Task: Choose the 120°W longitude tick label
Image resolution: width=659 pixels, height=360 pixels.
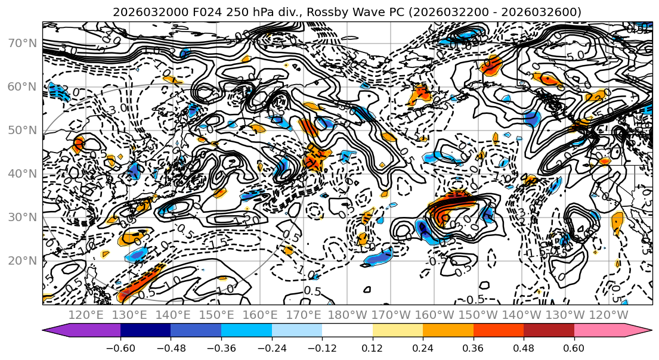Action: pos(609,315)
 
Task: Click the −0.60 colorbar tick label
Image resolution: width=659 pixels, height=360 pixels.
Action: pos(120,347)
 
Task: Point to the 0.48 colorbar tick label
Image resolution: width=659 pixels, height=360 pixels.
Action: pos(524,347)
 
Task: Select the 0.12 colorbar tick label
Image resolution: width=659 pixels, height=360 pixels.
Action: pos(373,347)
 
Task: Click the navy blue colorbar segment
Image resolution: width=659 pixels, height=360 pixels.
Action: pos(146,331)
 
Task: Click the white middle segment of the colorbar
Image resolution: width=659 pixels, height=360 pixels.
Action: pos(347,331)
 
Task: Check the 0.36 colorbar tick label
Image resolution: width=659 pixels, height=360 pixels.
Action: pos(474,347)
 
